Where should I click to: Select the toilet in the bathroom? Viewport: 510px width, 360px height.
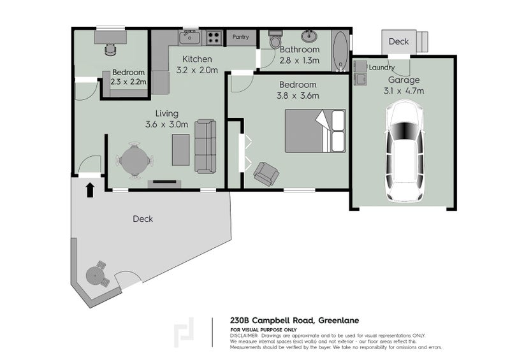[275, 40]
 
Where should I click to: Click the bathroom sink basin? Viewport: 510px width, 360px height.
[310, 35]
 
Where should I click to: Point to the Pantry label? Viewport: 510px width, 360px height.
[241, 38]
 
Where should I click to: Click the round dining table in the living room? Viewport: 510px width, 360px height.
[134, 160]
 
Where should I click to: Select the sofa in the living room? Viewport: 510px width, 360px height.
[205, 146]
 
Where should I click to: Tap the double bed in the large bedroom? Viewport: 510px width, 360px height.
[314, 131]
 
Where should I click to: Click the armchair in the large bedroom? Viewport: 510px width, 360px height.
[265, 173]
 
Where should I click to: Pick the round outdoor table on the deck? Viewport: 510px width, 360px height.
[95, 275]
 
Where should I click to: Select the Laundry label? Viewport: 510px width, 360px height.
[381, 68]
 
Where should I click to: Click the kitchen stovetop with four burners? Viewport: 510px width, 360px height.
[214, 38]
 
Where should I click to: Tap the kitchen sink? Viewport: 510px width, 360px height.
[189, 38]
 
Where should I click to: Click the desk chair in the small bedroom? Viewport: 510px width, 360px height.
[110, 47]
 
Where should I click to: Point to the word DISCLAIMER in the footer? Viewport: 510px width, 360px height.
[244, 335]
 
